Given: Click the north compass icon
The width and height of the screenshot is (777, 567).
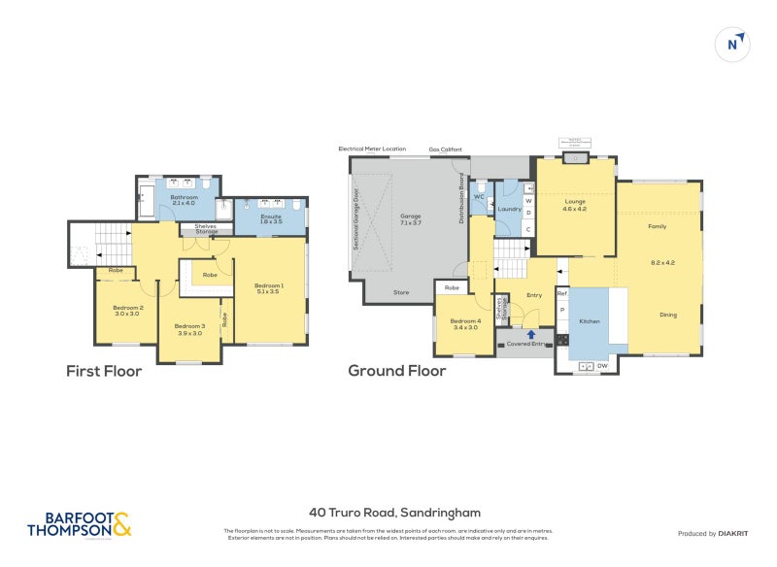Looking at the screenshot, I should click(734, 44).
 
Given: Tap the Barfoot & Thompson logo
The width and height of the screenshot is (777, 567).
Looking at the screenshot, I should click(79, 524).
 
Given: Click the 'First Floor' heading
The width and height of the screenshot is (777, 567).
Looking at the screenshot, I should click(104, 371).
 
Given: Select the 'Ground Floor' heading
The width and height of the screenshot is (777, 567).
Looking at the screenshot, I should click(396, 371).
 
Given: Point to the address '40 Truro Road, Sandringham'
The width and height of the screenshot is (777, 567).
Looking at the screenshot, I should click(394, 512).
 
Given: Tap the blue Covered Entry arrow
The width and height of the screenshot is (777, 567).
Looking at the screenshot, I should click(530, 335).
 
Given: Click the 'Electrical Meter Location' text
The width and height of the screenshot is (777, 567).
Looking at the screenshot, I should click(372, 149).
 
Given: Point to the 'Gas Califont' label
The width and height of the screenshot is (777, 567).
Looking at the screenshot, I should click(446, 150).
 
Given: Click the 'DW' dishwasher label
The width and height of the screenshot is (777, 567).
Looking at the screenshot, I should click(603, 365).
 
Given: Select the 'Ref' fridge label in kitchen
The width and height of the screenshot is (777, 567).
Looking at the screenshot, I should click(561, 292).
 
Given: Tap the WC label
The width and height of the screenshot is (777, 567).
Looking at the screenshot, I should click(479, 196).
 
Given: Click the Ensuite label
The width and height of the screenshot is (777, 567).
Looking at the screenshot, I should click(271, 218).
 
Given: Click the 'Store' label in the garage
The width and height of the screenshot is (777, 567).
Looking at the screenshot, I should click(401, 291).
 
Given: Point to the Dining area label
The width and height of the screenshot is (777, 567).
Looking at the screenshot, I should click(668, 315).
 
